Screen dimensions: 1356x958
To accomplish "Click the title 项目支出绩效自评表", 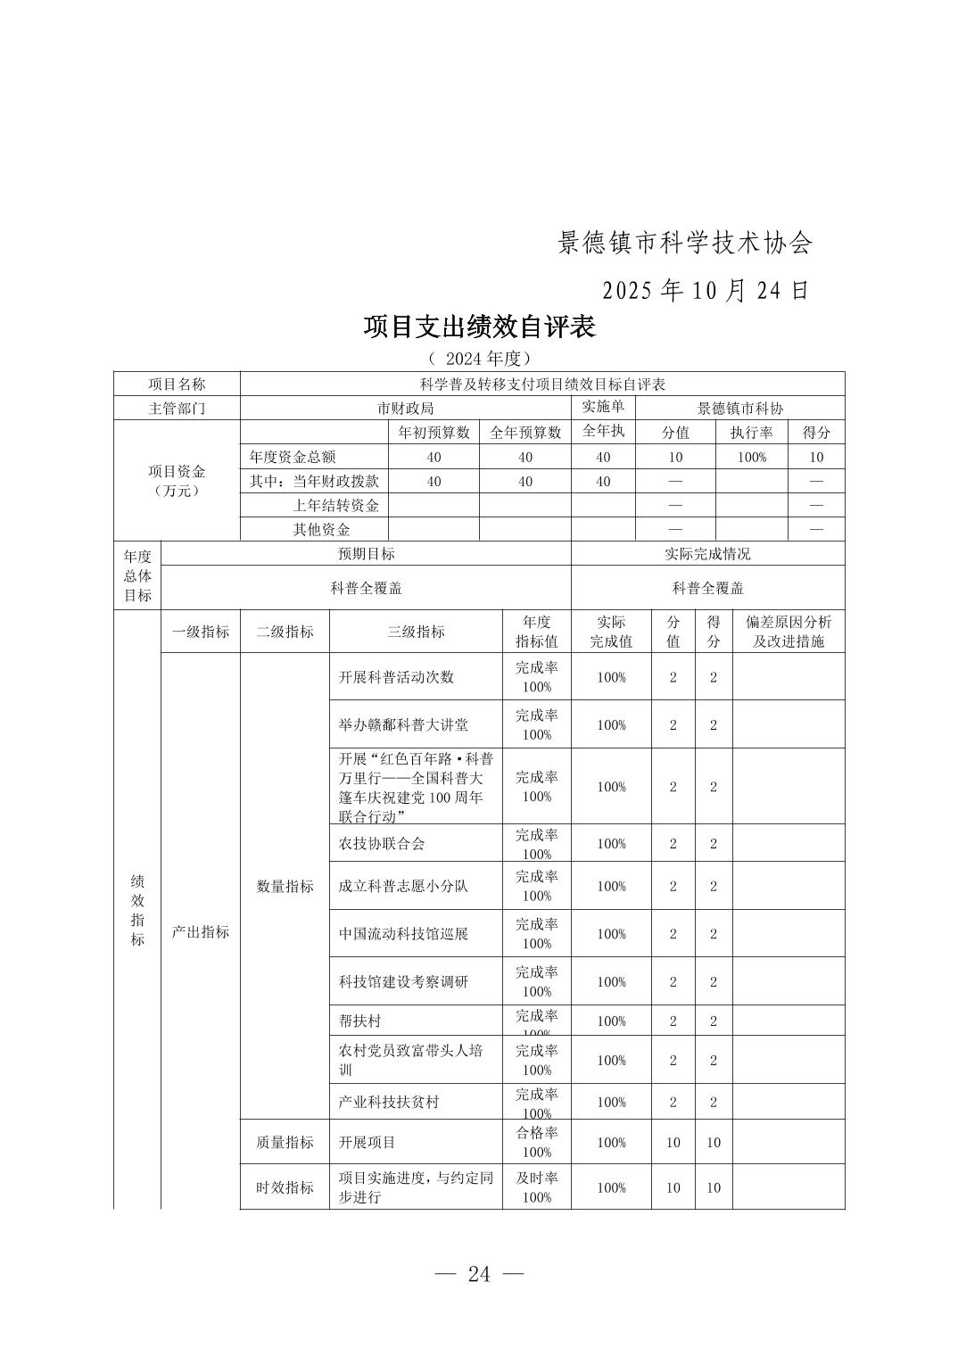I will tap(479, 327).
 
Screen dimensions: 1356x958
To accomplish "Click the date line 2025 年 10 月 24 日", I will tap(706, 291).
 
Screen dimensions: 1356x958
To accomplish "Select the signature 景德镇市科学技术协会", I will tap(685, 243).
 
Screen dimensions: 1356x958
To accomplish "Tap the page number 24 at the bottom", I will tap(479, 1274).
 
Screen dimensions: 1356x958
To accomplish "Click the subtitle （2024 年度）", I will tap(479, 359).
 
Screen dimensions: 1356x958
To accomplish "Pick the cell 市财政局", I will tap(405, 409).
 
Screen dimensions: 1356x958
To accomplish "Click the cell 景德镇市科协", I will tap(739, 409).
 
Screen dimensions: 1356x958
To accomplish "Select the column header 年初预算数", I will tap(434, 433).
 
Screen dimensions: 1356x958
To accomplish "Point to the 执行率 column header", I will tap(751, 433).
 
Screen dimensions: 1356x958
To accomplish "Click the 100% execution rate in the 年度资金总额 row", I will tap(751, 457).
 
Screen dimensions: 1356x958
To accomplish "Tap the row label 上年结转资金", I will tap(336, 505).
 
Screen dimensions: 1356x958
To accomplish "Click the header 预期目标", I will tap(366, 553).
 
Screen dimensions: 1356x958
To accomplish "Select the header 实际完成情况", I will tap(707, 553).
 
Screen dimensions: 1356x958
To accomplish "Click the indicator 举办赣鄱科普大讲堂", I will tap(403, 724).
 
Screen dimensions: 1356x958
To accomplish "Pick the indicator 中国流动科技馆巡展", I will tap(403, 934).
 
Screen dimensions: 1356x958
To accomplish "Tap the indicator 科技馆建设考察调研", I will tap(403, 981).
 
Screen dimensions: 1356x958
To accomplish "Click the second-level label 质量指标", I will tap(285, 1142).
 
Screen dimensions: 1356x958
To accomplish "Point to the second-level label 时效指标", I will tap(285, 1187).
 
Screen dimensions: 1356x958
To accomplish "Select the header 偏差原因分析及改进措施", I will tap(788, 632).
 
